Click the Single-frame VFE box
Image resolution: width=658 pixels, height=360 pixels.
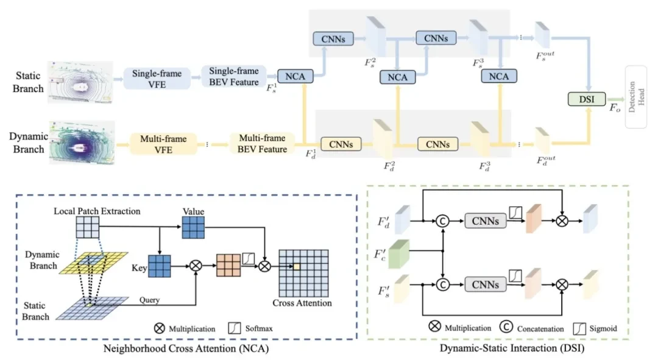pyautogui.click(x=153, y=78)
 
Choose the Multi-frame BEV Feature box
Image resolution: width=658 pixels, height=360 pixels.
pyautogui.click(x=262, y=144)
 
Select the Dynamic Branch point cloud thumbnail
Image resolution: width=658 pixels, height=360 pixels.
pyautogui.click(x=82, y=143)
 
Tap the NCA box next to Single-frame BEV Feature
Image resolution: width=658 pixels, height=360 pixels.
pyautogui.click(x=295, y=77)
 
